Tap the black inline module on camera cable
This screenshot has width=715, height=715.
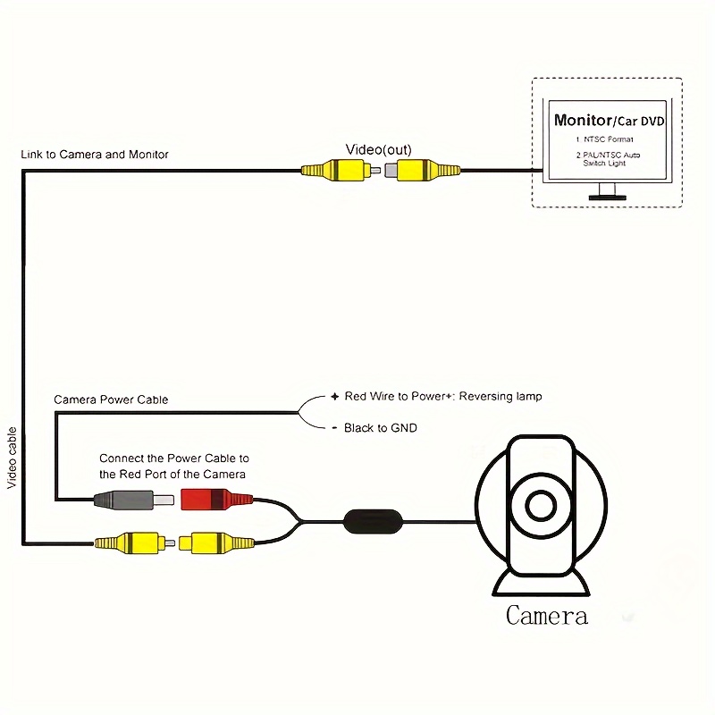373,520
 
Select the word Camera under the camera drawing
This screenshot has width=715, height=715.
546,616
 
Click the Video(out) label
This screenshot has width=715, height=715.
378,149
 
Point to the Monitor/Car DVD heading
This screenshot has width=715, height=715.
609,120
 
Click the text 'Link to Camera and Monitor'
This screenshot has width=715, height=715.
95,155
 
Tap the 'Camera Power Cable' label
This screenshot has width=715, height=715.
111,400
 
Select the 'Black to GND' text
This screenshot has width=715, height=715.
380,428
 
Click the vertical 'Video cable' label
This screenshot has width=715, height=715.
13,457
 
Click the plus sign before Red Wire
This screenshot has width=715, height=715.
334,396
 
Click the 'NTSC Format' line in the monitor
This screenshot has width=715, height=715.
604,140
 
